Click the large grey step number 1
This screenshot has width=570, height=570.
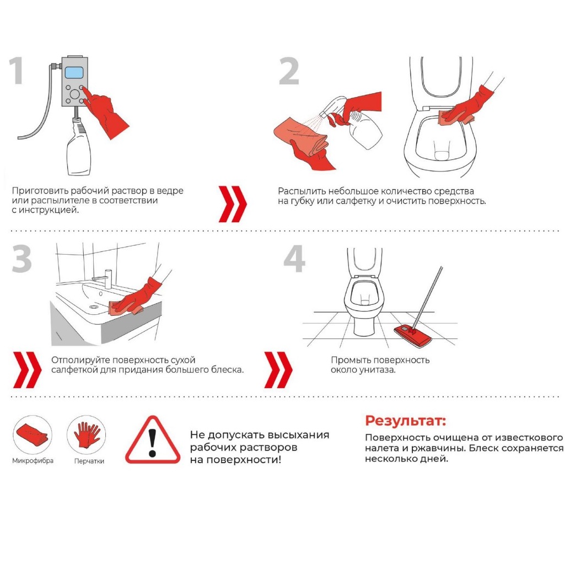click(17, 71)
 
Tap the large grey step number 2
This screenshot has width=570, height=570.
click(289, 71)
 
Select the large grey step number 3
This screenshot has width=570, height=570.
click(21, 259)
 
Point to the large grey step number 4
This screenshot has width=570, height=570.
click(294, 259)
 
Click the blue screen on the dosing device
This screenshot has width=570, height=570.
click(74, 73)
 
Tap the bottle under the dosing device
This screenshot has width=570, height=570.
click(78, 147)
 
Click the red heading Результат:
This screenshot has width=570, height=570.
click(405, 421)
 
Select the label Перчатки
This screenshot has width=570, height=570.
click(89, 461)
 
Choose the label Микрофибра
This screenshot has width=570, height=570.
click(33, 461)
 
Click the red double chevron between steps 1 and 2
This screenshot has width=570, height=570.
click(232, 204)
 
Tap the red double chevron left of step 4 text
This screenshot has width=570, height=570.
click(278, 370)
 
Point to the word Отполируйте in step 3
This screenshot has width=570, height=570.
click(80, 360)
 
